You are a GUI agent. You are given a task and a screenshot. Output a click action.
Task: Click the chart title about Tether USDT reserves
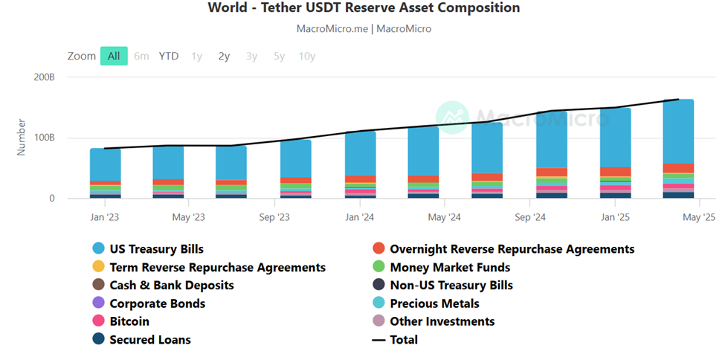364,8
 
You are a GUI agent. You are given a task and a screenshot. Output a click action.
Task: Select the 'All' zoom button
114,56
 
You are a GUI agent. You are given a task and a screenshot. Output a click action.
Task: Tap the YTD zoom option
169,56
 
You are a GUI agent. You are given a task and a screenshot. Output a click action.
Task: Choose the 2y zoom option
224,56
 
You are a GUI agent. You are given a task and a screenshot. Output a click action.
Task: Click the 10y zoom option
306,56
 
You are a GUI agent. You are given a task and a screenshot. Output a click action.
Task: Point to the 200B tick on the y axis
44,77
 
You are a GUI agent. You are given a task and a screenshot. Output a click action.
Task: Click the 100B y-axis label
44,138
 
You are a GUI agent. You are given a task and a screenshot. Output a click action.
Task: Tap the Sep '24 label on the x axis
530,217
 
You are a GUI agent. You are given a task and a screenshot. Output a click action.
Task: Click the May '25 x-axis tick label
699,217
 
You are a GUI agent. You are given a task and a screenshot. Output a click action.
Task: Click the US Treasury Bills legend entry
156,249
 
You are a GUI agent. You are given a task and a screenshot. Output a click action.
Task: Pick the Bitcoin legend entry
129,321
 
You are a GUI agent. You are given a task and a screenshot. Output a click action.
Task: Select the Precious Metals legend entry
434,303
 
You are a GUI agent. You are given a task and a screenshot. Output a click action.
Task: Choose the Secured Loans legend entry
149,340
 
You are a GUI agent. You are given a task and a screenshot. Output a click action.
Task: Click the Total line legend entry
404,340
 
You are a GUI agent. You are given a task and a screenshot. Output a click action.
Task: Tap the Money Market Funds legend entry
449,267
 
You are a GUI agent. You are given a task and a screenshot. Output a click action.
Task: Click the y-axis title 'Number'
22,138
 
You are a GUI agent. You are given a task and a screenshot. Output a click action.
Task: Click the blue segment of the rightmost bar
678,130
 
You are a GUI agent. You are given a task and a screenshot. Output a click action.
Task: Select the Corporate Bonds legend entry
157,303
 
